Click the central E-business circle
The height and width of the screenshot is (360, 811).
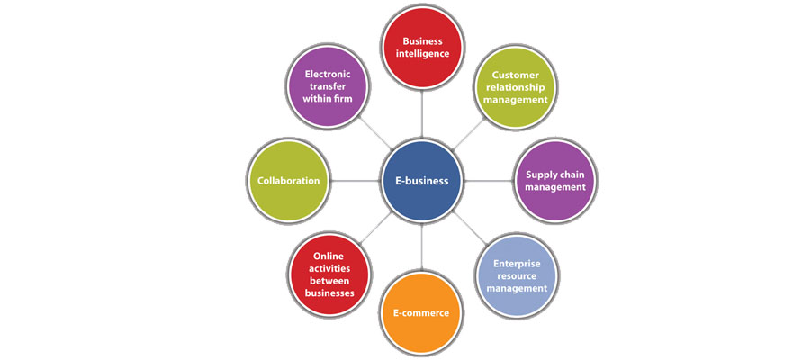(x=422, y=180)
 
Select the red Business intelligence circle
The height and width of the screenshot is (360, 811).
(x=422, y=48)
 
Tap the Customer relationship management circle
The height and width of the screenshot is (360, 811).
(x=514, y=88)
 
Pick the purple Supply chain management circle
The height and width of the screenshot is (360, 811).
(x=552, y=180)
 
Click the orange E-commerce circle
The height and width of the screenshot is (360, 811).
(x=422, y=312)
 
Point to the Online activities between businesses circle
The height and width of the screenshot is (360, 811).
(x=329, y=274)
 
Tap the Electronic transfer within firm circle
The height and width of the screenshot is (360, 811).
(x=328, y=88)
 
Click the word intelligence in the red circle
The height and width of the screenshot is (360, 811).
(x=422, y=54)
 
